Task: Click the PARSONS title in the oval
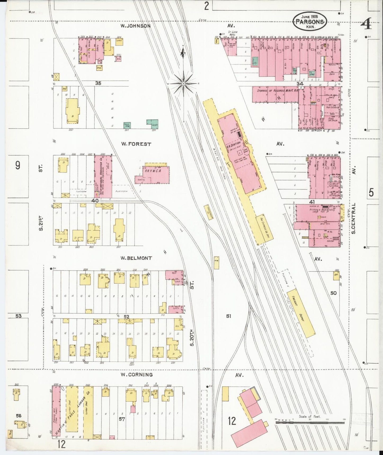(310, 22)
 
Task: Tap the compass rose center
(183, 84)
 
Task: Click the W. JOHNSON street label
(135, 26)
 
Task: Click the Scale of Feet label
(309, 417)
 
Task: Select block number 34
(300, 84)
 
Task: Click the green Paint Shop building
(127, 125)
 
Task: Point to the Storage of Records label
(275, 91)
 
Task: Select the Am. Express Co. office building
(260, 230)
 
